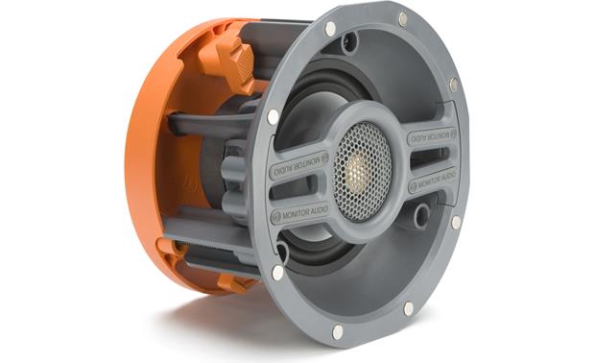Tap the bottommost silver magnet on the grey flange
(x=338, y=331)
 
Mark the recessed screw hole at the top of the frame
(x=350, y=41)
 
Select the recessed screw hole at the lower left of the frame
(x=281, y=252)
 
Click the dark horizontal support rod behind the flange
(x=206, y=123)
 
